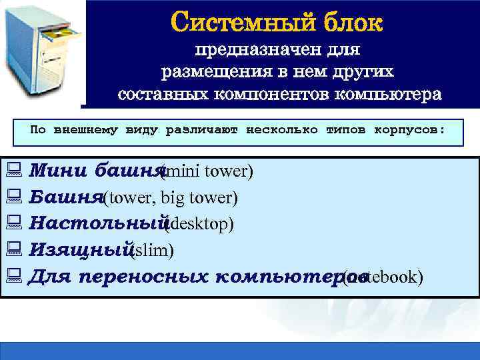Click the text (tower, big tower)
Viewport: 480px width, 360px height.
[171, 198]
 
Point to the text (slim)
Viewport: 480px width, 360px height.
[153, 250]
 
